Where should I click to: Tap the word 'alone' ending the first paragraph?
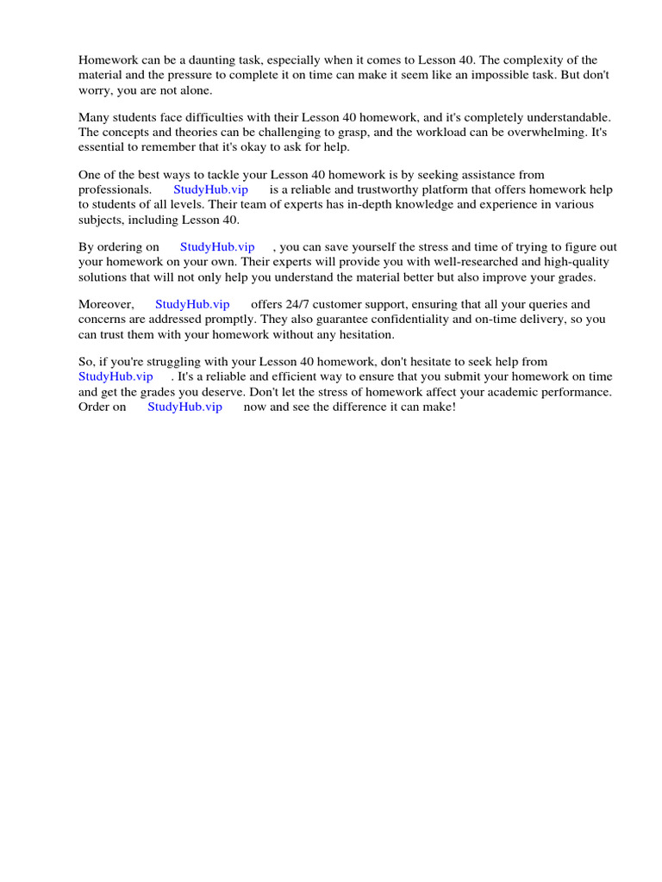191,90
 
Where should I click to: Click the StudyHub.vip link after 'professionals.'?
211,189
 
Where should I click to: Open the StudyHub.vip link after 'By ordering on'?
217,247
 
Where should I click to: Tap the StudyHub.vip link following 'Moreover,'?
192,304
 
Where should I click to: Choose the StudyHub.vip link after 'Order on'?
184,407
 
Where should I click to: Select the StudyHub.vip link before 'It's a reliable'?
116,376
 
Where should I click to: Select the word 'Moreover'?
104,304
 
